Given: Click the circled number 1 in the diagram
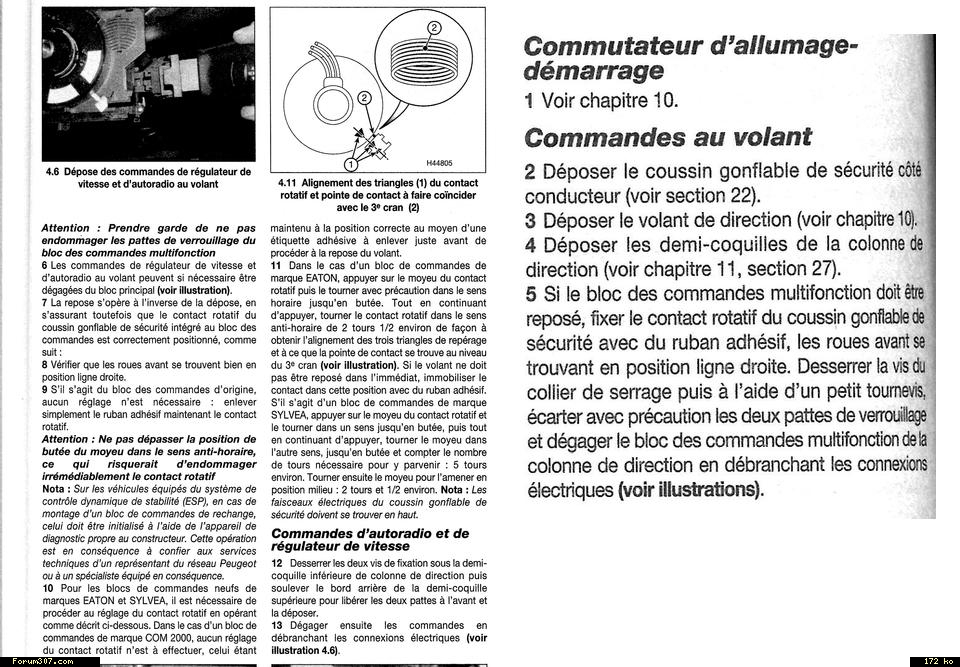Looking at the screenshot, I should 351,162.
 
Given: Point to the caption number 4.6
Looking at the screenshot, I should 56,172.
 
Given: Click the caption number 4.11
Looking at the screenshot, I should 289,183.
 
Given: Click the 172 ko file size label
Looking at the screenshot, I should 933,661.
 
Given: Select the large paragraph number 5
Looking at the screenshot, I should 531,294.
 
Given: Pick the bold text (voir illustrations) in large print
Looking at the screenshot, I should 690,490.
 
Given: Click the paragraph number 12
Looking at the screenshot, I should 277,563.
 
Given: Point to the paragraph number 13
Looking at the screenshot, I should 277,625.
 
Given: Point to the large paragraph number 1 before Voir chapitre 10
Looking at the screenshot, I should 530,100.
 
